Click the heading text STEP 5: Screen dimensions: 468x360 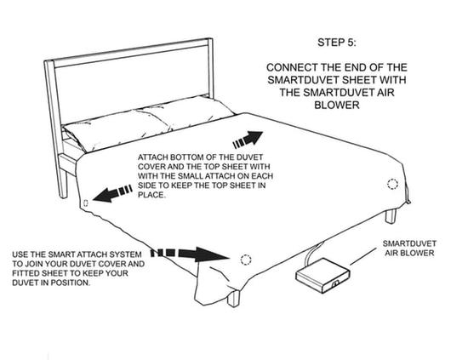coord(337,43)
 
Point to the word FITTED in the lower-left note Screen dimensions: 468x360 coord(25,273)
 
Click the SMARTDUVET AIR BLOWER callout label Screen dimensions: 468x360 coord(409,249)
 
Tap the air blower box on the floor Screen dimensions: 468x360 coord(322,276)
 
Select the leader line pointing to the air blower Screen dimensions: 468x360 coord(363,256)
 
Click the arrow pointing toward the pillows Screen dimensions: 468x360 coord(248,140)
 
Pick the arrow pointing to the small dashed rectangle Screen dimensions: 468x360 coord(113,193)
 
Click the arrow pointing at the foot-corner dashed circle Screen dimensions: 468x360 coord(190,254)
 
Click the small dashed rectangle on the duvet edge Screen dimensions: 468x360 coord(86,203)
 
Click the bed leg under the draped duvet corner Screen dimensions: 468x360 coord(233,299)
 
